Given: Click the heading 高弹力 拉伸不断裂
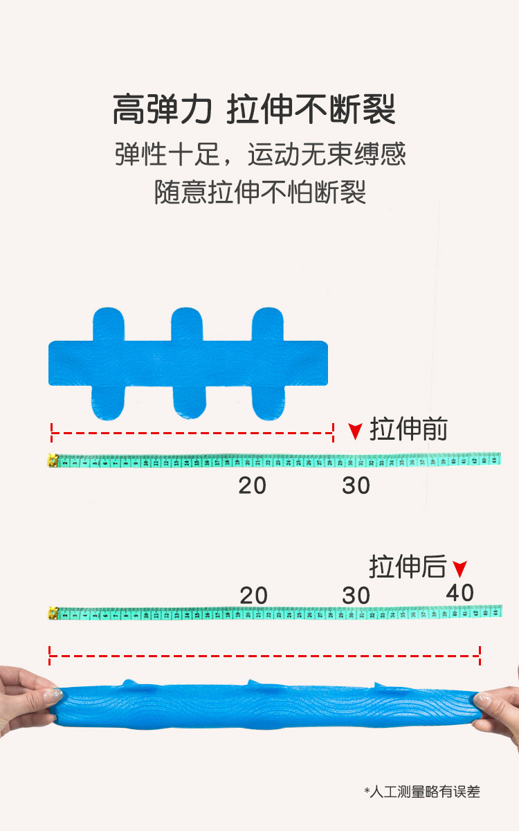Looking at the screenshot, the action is click(254, 109).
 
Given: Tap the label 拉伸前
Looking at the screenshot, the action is click(408, 429).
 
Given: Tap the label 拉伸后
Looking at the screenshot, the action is click(408, 566).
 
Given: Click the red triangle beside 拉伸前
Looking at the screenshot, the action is click(356, 431).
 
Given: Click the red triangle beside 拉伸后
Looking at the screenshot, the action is click(459, 569).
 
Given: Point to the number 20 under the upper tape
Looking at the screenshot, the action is click(253, 486).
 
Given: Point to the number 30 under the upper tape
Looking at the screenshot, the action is click(356, 486).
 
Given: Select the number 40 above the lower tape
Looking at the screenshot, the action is click(460, 593).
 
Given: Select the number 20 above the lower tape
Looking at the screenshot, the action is click(254, 596).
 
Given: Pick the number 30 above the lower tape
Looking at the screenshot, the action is click(356, 596).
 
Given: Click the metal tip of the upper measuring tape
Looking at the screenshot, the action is click(52, 460).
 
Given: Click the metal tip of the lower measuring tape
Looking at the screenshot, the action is click(52, 613).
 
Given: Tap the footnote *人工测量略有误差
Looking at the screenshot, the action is click(422, 792).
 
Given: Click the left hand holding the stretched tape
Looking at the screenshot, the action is click(24, 699).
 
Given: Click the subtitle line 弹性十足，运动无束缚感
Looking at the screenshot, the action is click(259, 154).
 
